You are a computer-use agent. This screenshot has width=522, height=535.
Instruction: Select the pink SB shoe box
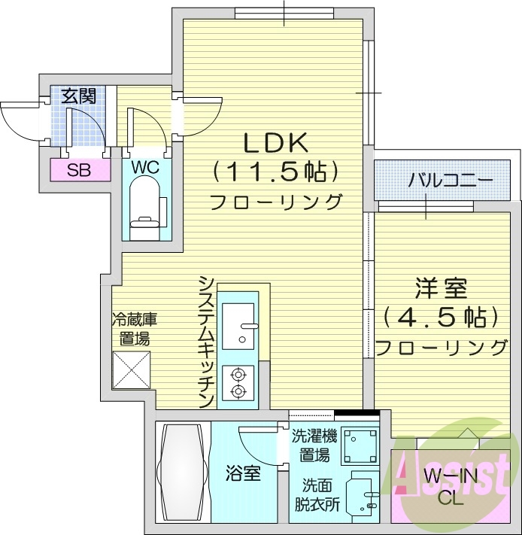[78, 170]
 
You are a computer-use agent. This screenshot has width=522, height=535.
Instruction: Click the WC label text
[145, 167]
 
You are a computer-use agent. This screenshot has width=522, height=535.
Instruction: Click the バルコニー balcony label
[451, 181]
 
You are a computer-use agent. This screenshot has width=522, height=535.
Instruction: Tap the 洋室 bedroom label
[441, 288]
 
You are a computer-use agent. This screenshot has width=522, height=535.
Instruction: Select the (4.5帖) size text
[441, 317]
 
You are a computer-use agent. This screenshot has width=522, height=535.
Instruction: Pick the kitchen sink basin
[238, 324]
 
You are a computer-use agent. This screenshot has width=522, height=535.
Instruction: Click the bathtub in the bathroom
[181, 471]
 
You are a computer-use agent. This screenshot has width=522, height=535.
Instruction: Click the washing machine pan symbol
[359, 445]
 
